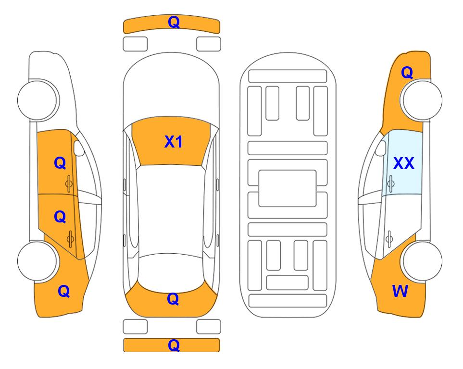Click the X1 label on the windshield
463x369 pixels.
pos(174,142)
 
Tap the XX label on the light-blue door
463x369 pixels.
pos(404,163)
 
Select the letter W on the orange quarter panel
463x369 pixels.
pos(400,291)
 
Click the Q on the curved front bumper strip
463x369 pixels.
pos(174,22)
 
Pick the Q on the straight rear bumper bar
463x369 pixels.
pos(174,345)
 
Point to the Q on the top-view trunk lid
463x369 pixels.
pos(173,299)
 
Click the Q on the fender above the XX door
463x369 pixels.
pos(407,73)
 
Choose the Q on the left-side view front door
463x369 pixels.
pos(60,163)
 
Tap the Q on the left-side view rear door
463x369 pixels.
pos(60,217)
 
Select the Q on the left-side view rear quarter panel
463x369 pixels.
pos(64,291)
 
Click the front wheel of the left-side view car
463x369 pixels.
pos(38,100)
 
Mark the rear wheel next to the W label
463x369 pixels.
pos(422,261)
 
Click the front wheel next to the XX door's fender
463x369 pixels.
pos(422,100)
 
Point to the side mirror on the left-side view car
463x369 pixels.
pos(79,148)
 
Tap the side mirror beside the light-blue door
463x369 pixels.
pos(381,148)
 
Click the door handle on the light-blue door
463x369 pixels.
pos(391,184)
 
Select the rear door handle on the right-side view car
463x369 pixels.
pos(389,239)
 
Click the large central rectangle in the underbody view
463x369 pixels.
pos(288,188)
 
